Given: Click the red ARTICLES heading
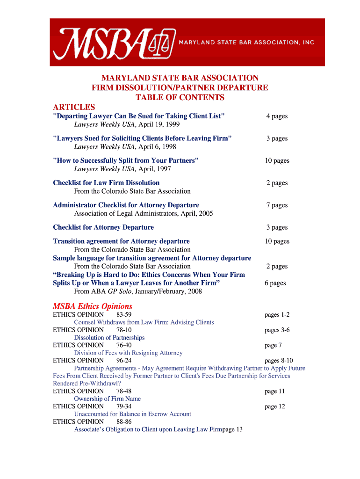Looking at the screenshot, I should (74, 107).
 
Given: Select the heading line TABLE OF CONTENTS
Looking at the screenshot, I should (180, 97).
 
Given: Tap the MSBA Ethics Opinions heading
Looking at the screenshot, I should (93, 306).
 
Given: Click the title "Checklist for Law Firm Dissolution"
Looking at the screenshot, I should (106, 183).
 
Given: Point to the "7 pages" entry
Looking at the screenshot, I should (277, 205).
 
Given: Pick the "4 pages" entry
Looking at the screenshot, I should (277, 116).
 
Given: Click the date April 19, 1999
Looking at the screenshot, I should (159, 124).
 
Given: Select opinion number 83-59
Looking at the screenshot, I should (124, 315).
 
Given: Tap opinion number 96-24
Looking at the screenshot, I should (124, 361).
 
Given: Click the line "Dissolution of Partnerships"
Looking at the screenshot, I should (109, 337).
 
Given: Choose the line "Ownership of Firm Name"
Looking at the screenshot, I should (107, 399).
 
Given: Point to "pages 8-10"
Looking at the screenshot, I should (279, 361).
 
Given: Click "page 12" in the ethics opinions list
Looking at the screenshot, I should (274, 406).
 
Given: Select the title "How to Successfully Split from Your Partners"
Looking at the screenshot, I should (126, 160).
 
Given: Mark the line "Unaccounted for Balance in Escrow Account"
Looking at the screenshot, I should (132, 414).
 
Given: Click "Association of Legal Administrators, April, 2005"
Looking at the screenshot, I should (144, 213).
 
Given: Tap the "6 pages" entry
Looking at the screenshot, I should (275, 283).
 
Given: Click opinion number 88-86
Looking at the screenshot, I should (124, 421).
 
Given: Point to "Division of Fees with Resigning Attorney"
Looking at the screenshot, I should (128, 353).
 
